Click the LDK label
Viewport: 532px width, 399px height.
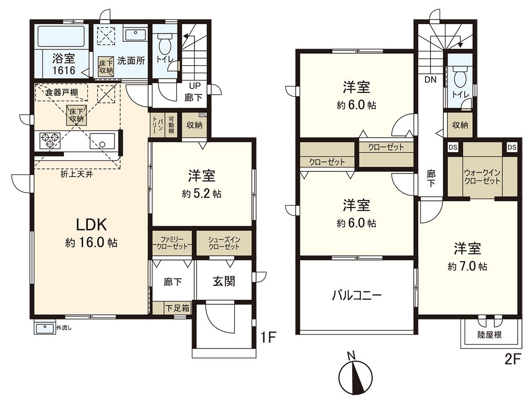click(x=91, y=225)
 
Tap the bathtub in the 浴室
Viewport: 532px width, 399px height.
click(x=61, y=36)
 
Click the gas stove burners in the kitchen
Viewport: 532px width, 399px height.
click(x=51, y=140)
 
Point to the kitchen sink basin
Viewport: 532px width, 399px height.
click(x=102, y=141)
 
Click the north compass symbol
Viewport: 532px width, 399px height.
click(x=355, y=377)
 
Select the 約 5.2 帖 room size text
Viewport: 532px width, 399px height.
click(x=201, y=194)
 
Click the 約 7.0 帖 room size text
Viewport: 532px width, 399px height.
click(x=467, y=266)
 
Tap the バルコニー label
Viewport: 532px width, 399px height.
click(x=356, y=295)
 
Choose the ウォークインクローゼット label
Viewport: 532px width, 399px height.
click(x=482, y=177)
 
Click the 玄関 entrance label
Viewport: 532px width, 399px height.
click(x=224, y=282)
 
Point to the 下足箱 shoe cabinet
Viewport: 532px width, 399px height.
click(x=177, y=308)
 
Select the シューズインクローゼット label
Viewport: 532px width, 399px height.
click(x=224, y=243)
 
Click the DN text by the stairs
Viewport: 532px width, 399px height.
click(x=430, y=80)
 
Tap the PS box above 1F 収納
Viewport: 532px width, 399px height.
click(x=203, y=114)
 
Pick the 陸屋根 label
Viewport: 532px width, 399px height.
click(x=489, y=335)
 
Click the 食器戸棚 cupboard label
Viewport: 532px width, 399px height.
click(x=62, y=92)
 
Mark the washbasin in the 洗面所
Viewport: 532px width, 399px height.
click(x=135, y=35)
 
